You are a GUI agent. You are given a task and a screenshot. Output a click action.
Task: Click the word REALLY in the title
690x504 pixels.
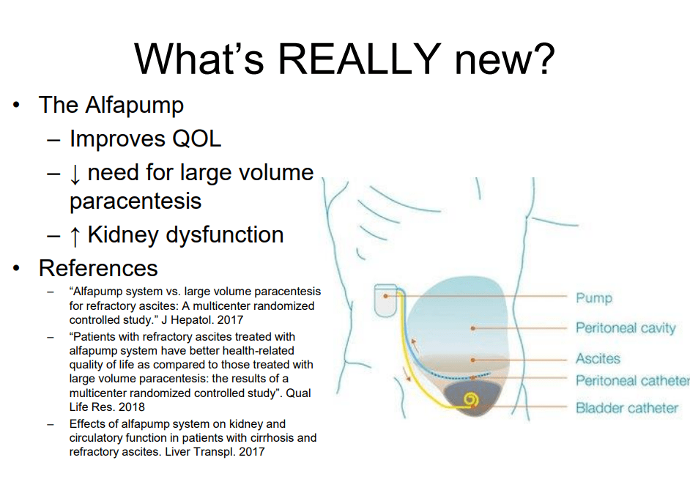(x=359, y=59)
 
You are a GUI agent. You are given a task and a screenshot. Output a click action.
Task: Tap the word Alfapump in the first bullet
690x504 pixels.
(x=134, y=106)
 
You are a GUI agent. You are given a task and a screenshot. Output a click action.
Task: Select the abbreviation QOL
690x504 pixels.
(x=196, y=139)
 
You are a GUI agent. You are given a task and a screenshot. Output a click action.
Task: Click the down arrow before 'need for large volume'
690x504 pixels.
(x=75, y=174)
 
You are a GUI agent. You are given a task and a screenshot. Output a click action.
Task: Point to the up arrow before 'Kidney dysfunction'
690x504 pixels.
(x=75, y=235)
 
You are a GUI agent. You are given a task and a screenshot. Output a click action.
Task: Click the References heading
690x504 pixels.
(x=98, y=268)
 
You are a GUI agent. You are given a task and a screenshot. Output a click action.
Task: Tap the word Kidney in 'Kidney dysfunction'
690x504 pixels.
(x=123, y=235)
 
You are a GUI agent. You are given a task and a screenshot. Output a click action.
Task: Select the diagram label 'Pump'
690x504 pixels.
(x=593, y=298)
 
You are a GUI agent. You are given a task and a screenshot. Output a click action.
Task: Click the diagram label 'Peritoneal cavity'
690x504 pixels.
(x=626, y=328)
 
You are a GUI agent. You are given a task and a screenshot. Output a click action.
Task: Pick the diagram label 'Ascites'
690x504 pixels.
(x=598, y=359)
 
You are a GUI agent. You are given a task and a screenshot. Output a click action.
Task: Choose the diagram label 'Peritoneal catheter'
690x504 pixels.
(x=632, y=380)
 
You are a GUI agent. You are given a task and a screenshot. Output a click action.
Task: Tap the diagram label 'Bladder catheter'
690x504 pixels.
(x=626, y=408)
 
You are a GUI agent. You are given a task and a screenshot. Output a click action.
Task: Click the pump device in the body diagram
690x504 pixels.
(x=385, y=300)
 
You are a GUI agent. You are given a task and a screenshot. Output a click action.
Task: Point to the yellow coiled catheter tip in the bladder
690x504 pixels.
(x=471, y=400)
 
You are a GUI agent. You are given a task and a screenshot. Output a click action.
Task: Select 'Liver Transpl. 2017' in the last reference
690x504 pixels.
(x=215, y=452)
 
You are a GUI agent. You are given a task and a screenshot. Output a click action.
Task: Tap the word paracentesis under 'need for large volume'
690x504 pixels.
(x=136, y=201)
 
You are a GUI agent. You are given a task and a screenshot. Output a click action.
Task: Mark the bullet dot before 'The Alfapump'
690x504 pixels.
(x=16, y=105)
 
